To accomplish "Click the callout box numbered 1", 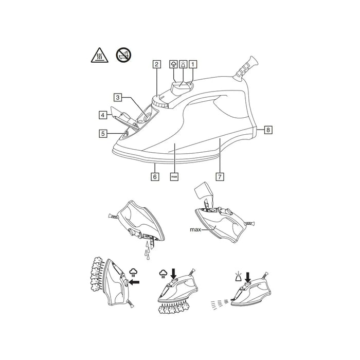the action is coord(193,64).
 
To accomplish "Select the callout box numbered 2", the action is coord(157,64).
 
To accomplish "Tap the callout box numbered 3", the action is coord(118,97).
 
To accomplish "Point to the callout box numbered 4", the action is coord(103,115).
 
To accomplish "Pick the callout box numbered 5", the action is coord(103,133).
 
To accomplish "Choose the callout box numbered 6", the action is coord(155,176).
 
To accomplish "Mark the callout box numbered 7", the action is coord(220,176).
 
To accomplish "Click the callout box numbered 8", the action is coord(268,130).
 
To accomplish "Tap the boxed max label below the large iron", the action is coord(174,176).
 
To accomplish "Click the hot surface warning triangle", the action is coord(99,56).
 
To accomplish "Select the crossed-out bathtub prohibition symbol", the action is coord(123,55).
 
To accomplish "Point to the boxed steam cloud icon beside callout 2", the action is coord(174,64).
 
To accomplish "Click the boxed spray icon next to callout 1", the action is coord(183,64).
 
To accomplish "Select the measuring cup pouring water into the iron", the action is coord(204,190).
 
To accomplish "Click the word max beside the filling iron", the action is coord(195,229).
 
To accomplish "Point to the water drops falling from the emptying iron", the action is coord(147,251).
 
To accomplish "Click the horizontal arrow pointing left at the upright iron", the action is coord(134,282).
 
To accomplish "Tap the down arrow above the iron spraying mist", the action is coord(248,277).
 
